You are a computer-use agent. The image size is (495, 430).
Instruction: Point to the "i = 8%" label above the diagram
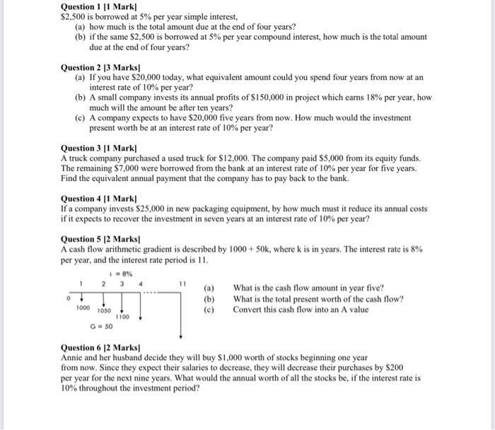point(119,273)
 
